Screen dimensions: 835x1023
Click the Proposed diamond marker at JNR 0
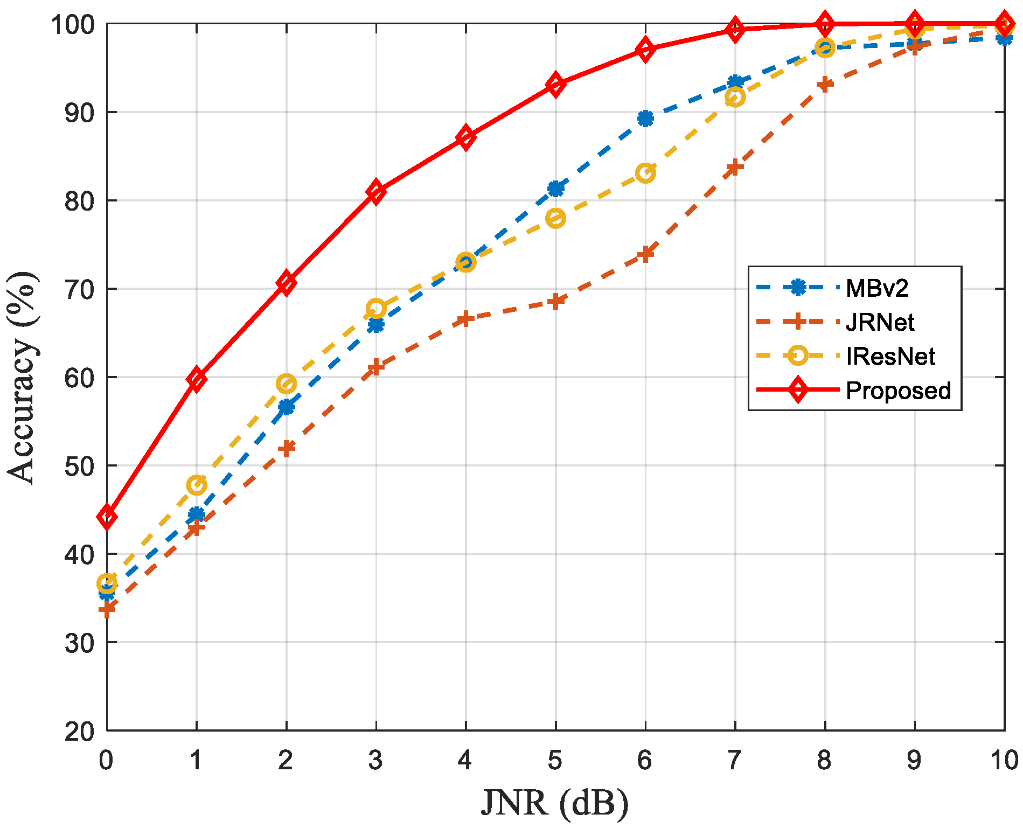(x=107, y=517)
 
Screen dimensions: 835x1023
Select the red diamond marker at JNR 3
(x=376, y=191)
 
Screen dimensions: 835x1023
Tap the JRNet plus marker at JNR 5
(x=555, y=301)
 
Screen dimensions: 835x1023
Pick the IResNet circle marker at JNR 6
(x=645, y=173)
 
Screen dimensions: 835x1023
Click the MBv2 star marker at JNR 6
(x=645, y=119)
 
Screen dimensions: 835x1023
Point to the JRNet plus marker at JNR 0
(x=107, y=610)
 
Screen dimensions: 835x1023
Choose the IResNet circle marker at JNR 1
(x=196, y=485)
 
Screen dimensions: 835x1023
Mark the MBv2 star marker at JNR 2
(x=286, y=407)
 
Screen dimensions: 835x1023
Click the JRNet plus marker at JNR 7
(x=735, y=168)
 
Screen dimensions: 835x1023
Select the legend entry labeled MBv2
(x=876, y=288)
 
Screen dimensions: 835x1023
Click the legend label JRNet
(x=880, y=322)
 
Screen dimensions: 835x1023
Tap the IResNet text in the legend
(x=890, y=357)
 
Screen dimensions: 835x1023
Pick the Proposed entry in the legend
(x=898, y=391)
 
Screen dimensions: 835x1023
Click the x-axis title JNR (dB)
(x=555, y=804)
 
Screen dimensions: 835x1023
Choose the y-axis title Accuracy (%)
(x=23, y=377)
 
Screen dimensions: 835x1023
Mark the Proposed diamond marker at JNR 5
(x=555, y=85)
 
